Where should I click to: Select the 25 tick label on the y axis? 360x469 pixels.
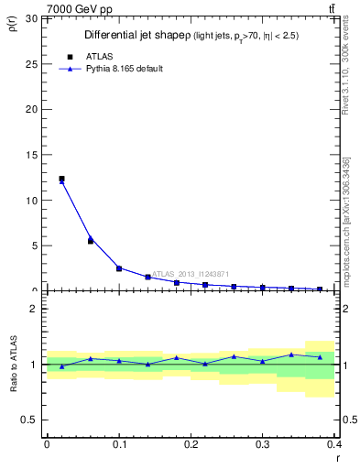click(31, 63)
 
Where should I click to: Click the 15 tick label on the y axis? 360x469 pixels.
click(31, 155)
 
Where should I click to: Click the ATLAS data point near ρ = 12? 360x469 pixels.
click(61, 179)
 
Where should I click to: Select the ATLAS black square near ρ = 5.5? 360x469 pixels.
click(90, 241)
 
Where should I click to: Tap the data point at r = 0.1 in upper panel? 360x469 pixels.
click(119, 268)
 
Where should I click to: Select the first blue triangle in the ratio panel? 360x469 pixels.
click(61, 366)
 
